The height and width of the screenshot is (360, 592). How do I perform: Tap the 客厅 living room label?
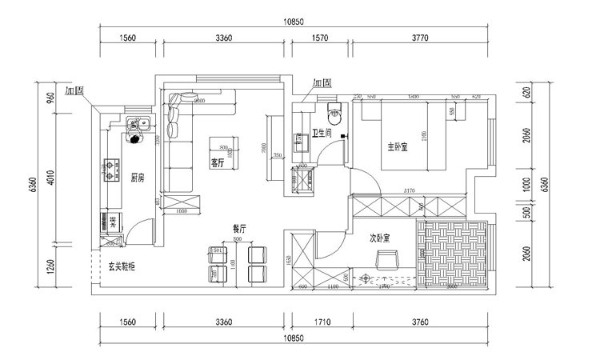click(x=217, y=162)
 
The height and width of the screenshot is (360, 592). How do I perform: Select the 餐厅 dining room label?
click(x=238, y=228)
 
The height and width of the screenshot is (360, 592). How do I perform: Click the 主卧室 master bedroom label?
click(x=398, y=146)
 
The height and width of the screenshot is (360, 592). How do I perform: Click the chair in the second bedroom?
click(x=388, y=258)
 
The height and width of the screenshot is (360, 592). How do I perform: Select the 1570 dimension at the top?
click(x=321, y=37)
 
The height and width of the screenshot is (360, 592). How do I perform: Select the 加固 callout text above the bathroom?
click(x=322, y=83)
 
